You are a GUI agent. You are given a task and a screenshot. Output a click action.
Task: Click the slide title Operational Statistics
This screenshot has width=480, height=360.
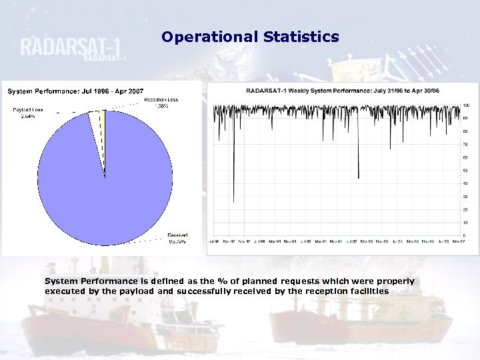click(250, 37)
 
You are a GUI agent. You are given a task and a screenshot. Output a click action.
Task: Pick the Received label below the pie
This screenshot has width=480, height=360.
click(177, 238)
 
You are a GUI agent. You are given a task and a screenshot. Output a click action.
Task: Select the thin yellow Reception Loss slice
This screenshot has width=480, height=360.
click(103, 123)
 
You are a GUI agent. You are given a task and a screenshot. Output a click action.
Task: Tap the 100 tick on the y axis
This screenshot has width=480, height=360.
click(467, 105)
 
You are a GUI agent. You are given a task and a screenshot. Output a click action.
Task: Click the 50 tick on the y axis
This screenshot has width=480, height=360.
click(466, 170)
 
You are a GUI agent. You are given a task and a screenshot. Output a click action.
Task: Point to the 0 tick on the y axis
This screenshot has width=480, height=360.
click(465, 235)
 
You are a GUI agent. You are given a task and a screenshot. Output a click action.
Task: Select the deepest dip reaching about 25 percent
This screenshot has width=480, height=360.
click(233, 200)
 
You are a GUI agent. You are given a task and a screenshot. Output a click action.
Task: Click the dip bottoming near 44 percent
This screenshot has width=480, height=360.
click(359, 177)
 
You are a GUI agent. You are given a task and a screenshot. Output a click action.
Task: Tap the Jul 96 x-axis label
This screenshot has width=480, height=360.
click(214, 241)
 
